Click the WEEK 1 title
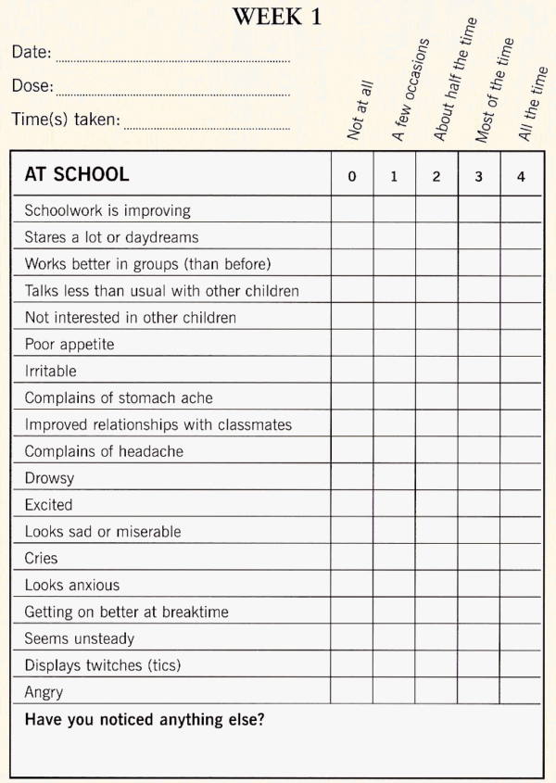click(x=277, y=16)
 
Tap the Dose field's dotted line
click(x=172, y=95)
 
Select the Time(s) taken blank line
click(x=207, y=128)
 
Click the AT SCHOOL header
click(x=77, y=175)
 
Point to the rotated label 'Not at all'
click(x=360, y=109)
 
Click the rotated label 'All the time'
click(x=534, y=104)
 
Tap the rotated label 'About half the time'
click(x=454, y=80)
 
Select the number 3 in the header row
click(x=478, y=177)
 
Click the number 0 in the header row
click(x=352, y=177)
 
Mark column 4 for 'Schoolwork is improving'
click(x=521, y=210)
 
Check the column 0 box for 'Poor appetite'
click(x=352, y=344)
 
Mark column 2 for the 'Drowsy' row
click(x=436, y=478)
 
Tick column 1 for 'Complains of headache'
click(x=394, y=451)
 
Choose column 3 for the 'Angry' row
click(x=478, y=691)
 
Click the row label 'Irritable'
click(x=50, y=371)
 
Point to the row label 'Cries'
click(x=41, y=558)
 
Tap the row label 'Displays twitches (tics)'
click(x=102, y=665)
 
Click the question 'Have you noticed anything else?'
click(x=144, y=719)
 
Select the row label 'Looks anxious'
click(x=71, y=585)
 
